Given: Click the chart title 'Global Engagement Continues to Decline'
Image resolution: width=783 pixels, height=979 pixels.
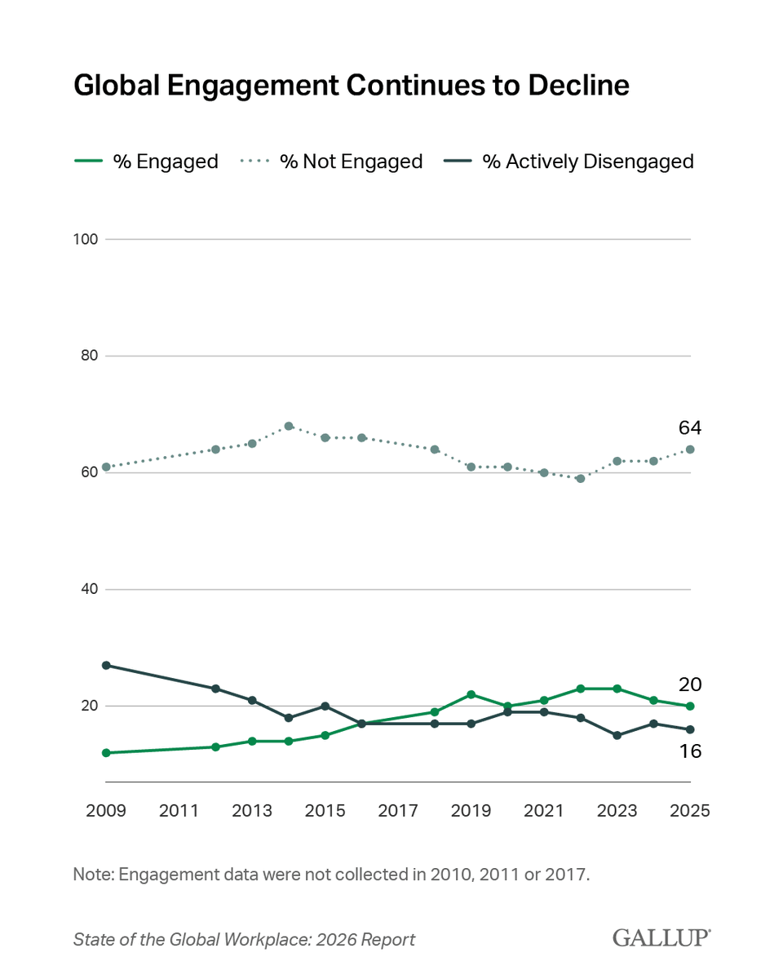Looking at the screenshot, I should pos(352,86).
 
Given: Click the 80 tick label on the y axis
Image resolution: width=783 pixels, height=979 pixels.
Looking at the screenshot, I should pos(89,356).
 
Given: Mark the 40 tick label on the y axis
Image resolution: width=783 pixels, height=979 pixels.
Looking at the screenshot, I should pos(89,589).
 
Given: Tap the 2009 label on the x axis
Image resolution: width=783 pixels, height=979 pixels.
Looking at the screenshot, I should pos(106,811).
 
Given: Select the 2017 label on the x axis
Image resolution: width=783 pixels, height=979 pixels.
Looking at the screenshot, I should pos(398,811).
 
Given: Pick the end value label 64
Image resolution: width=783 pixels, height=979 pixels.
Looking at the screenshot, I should pos(690,428).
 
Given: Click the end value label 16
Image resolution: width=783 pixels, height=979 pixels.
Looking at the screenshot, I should pos(690,751).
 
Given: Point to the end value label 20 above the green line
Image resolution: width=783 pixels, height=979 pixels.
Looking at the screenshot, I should pos(690,684).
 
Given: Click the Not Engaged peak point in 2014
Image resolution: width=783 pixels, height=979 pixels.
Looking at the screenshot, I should pos(289,426).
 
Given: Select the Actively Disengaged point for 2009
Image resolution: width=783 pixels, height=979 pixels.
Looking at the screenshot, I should pos(106,665).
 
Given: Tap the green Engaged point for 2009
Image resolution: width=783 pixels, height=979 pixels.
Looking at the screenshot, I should pos(106,752).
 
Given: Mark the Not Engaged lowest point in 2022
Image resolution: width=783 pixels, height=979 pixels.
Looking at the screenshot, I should pos(581,478).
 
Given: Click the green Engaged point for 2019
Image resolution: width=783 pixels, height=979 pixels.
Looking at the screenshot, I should pos(471,694).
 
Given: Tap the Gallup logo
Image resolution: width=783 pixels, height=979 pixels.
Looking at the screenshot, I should pos(661,938).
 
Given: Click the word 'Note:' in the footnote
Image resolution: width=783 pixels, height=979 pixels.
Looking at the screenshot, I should pos(94,875).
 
